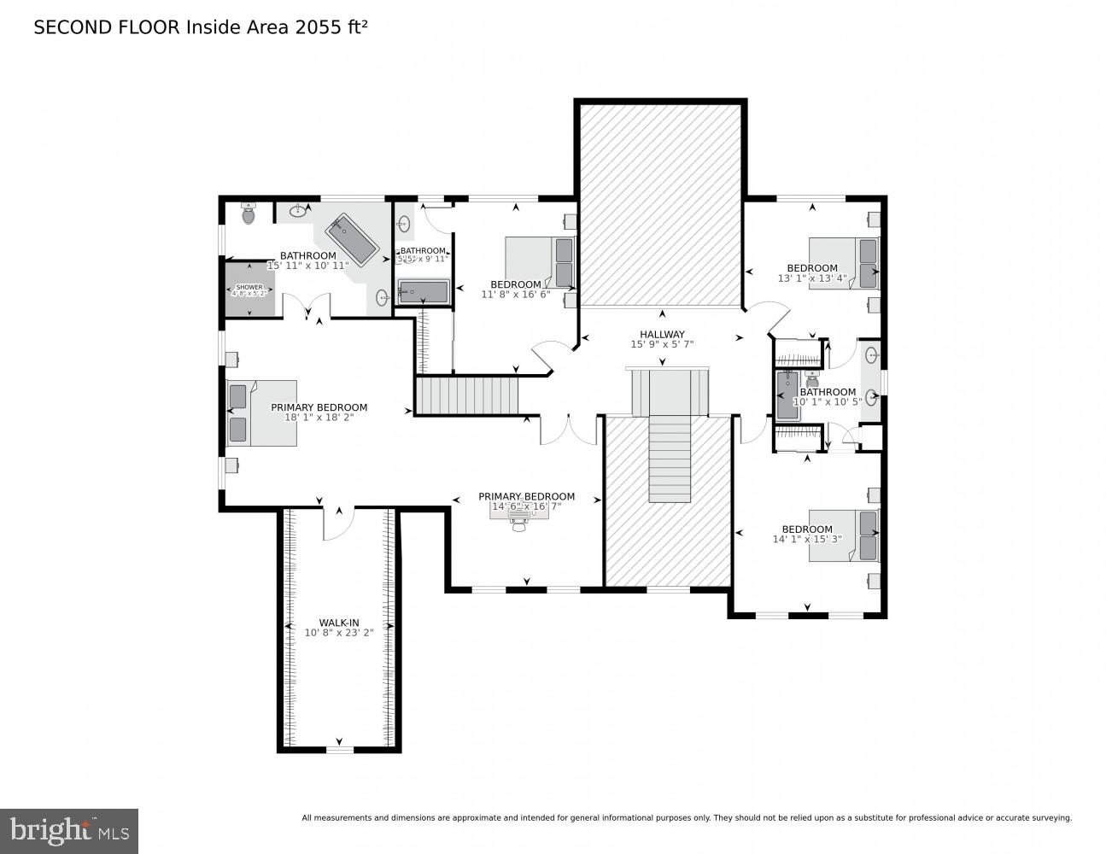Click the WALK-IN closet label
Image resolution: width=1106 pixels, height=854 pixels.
[x=339, y=623]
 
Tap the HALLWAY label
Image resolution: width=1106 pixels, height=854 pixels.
[x=662, y=335]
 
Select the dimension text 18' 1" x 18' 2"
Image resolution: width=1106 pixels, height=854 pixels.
[x=319, y=418]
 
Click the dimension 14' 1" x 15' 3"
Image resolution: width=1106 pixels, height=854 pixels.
[x=807, y=539]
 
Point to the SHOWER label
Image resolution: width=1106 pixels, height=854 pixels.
[x=249, y=288]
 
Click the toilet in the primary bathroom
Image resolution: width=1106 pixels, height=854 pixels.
[x=249, y=213]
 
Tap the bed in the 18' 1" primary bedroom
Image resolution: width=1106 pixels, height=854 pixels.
[x=261, y=412]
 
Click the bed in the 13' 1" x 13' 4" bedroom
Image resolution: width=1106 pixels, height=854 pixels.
[x=843, y=262]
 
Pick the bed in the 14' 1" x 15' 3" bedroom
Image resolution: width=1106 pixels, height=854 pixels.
[x=843, y=535]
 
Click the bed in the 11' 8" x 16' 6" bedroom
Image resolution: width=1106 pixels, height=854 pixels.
[x=540, y=261]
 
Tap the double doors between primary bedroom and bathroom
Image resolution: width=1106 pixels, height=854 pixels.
[x=307, y=306]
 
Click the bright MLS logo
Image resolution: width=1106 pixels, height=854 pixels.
[x=69, y=830]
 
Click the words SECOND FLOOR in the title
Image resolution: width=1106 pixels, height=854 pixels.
[x=107, y=27]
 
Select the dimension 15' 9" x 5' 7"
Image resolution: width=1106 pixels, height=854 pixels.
[x=662, y=345]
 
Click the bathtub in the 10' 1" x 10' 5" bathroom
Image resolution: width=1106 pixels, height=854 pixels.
[x=787, y=395]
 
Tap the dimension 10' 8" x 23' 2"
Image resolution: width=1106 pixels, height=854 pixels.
[x=339, y=633]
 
